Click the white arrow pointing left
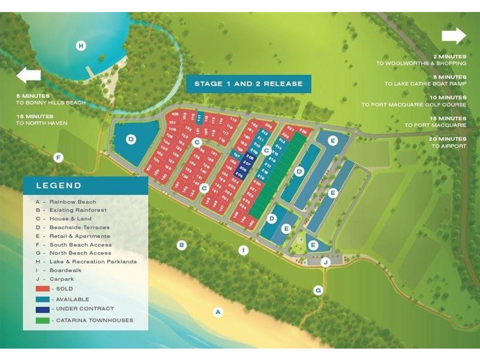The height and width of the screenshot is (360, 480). click(28, 75)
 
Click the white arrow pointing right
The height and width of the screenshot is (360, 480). click(454, 36)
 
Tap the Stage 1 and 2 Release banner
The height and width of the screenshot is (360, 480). click(248, 83)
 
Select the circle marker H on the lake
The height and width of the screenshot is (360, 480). click(81, 45)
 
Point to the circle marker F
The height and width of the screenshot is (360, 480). click(58, 158)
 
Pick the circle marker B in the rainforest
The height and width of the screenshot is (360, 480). click(181, 245)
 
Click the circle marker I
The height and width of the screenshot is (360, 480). click(243, 250)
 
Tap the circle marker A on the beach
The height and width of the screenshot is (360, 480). click(218, 311)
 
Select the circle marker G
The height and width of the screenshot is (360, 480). click(319, 290)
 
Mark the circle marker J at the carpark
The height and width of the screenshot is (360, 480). click(325, 262)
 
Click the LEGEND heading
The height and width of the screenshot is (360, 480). click(59, 185)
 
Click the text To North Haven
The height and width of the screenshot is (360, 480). click(43, 124)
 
